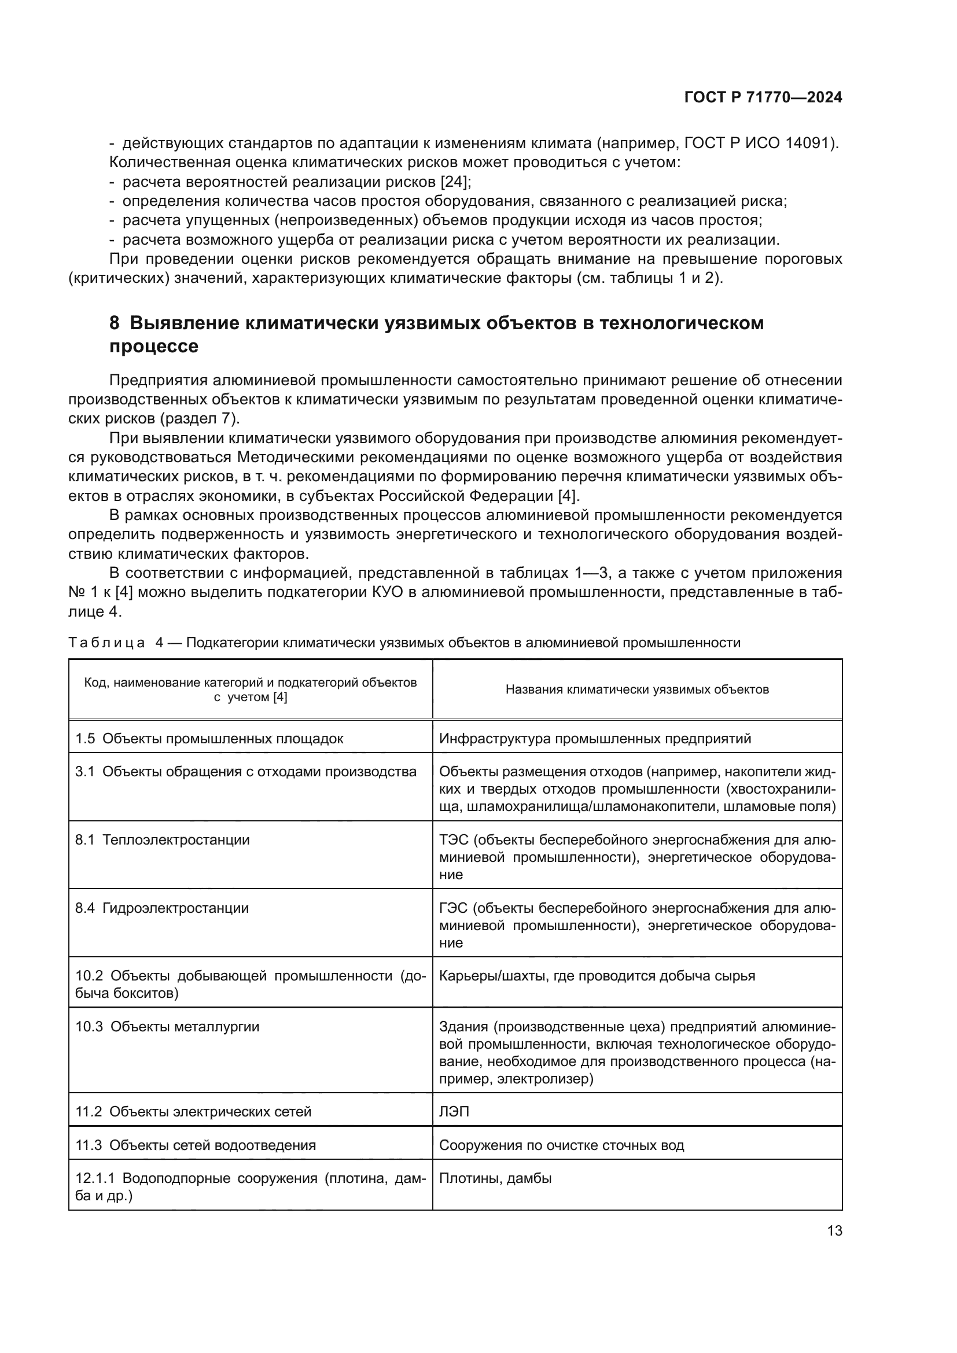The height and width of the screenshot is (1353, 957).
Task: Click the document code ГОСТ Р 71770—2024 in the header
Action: pos(763,98)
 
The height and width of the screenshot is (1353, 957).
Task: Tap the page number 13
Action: pos(834,1231)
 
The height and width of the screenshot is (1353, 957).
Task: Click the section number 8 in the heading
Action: pos(115,323)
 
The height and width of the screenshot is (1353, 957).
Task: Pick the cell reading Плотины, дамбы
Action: pos(496,1178)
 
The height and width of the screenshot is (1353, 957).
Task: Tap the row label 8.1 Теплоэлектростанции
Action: pos(163,840)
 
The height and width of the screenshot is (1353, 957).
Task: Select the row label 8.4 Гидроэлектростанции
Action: pos(163,908)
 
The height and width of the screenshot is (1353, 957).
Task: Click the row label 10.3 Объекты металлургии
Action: pos(167,1027)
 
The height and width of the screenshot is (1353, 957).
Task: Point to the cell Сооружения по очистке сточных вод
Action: pos(562,1145)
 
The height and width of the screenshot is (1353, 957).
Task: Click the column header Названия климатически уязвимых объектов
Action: pos(637,690)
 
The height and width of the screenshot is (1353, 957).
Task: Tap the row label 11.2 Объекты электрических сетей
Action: pos(193,1112)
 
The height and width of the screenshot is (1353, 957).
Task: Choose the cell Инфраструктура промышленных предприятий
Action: pos(595,739)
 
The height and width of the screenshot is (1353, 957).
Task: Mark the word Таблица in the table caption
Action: pos(106,643)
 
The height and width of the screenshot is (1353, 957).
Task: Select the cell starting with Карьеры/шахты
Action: pos(597,976)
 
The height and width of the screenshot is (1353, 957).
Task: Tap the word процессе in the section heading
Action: pos(154,346)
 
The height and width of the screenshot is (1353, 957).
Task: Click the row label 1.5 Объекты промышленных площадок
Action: pos(209,739)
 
